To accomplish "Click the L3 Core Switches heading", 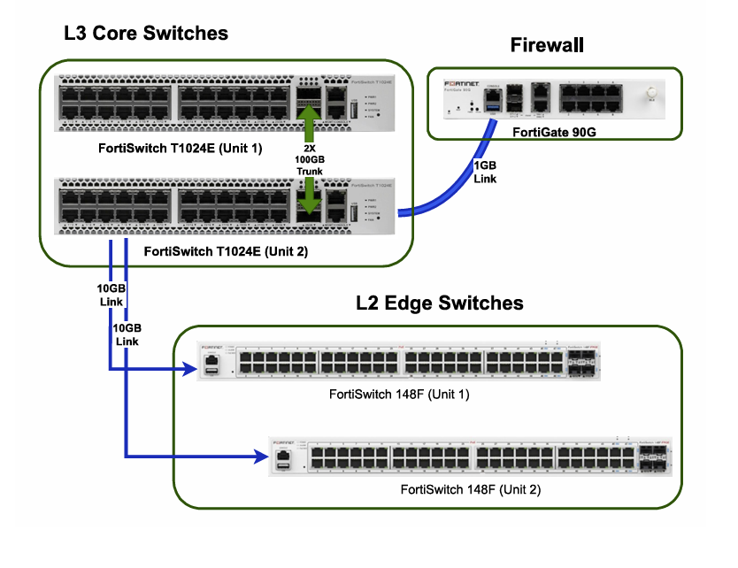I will (146, 34).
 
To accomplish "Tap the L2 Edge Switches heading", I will (439, 303).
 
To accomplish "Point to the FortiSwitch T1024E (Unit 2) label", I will (226, 251).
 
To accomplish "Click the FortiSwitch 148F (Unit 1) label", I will (398, 394).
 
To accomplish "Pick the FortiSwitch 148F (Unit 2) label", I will (471, 489).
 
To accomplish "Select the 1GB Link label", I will (486, 173).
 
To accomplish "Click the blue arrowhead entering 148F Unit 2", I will (260, 457).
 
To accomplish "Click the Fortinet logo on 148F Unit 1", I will (212, 348).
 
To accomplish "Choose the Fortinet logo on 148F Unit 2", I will (284, 439).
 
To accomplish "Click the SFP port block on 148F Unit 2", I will (655, 457).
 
